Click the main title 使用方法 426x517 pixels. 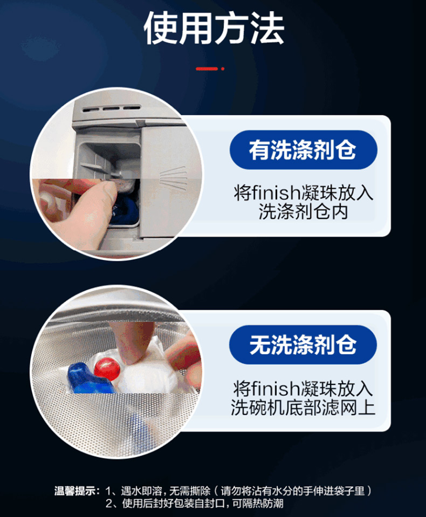(x=214, y=28)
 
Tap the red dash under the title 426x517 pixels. (x=207, y=68)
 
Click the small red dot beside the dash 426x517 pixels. (x=223, y=68)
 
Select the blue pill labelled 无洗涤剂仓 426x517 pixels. (x=303, y=344)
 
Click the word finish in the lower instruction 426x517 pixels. (x=274, y=388)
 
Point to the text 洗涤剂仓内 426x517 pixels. (x=304, y=211)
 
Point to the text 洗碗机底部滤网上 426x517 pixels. (x=303, y=408)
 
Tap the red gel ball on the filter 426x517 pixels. (x=107, y=369)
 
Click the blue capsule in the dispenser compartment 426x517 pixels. (x=125, y=211)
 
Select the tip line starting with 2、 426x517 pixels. (x=194, y=503)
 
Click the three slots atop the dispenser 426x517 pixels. (x=112, y=108)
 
